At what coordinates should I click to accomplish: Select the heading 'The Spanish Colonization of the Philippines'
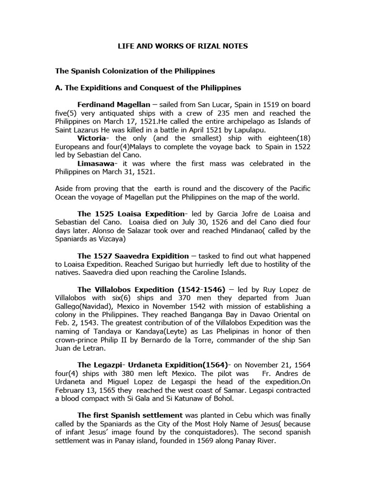click(135, 71)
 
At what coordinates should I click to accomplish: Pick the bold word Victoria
click(92, 138)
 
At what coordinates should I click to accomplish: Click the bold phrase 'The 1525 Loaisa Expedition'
click(130, 214)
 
